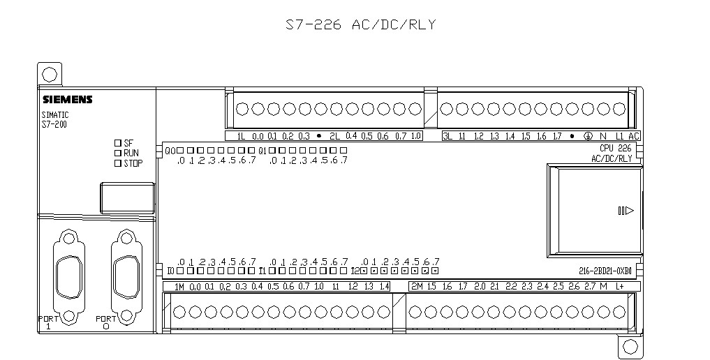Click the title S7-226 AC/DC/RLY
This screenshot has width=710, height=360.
tap(360, 25)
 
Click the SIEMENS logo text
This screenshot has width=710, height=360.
tap(67, 100)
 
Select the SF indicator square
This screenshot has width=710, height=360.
tap(118, 142)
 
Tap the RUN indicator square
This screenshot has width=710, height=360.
tap(118, 153)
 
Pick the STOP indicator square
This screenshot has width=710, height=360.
tap(118, 163)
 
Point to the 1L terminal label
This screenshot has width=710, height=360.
tap(242, 137)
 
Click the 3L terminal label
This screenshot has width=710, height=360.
tap(448, 137)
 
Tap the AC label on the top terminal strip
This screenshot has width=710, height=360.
tap(633, 137)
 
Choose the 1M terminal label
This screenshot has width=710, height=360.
tap(179, 287)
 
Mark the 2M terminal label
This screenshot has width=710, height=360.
tap(417, 287)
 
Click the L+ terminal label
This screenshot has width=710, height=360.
tap(619, 287)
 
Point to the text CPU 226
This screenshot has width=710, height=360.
tap(615, 148)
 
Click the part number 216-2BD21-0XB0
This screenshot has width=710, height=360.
tap(605, 271)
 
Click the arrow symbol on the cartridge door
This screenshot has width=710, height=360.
tap(626, 211)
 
